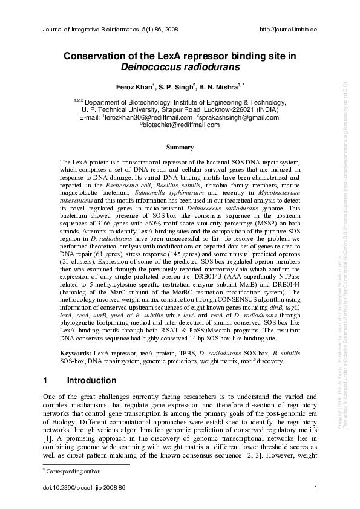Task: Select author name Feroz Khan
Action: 135,87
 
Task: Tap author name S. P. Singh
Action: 180,87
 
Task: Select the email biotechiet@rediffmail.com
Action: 182,125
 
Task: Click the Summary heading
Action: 180,147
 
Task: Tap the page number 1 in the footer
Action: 316,488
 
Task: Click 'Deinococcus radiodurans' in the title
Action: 180,67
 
